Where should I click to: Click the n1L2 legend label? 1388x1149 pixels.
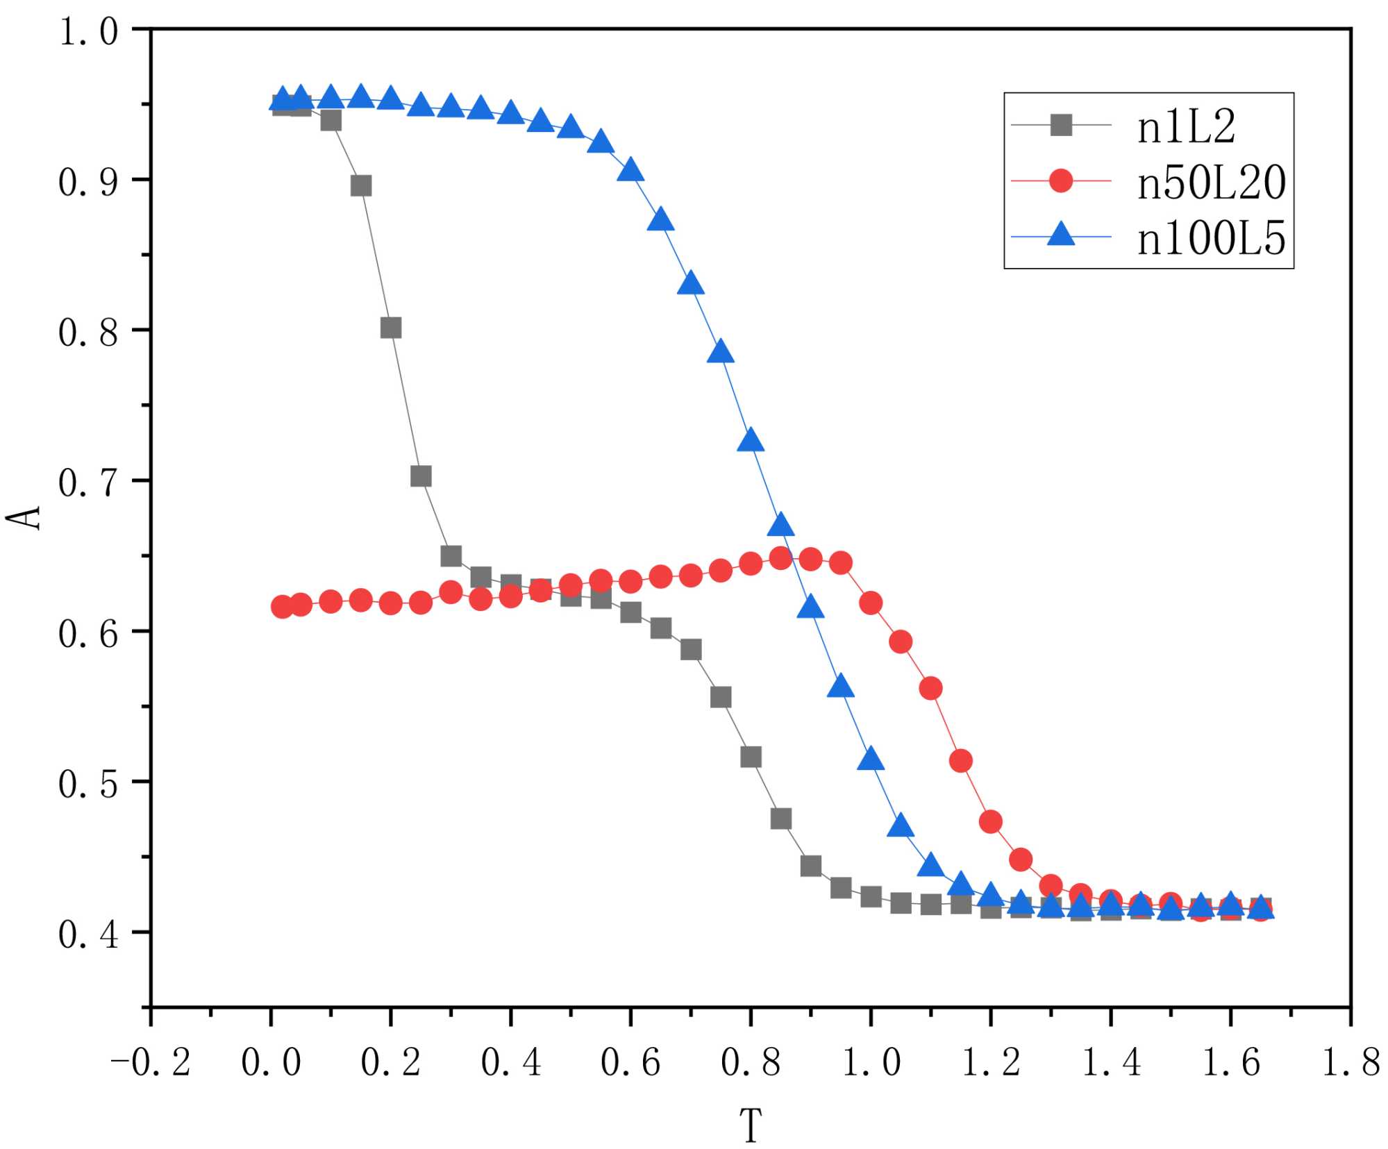(1186, 127)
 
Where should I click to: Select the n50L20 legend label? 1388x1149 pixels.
(1211, 183)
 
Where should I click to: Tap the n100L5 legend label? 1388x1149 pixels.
(1211, 239)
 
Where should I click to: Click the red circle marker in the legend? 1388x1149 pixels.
(1060, 181)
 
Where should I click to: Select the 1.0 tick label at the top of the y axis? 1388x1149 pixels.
(88, 31)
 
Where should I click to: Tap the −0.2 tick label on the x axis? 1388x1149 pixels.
(151, 1063)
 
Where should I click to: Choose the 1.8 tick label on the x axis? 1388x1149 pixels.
(1351, 1063)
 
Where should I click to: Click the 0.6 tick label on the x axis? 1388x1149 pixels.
(630, 1063)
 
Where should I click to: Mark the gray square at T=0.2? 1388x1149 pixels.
(391, 328)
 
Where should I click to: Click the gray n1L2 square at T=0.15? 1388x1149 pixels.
(361, 186)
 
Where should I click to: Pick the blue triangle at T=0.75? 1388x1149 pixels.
(721, 353)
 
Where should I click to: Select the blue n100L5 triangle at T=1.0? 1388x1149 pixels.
(871, 760)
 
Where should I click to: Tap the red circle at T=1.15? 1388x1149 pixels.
(960, 761)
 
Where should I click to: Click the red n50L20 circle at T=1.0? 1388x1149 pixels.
(871, 603)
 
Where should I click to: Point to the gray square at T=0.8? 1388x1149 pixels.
(751, 757)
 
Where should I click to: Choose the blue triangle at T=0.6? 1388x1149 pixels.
(630, 170)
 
